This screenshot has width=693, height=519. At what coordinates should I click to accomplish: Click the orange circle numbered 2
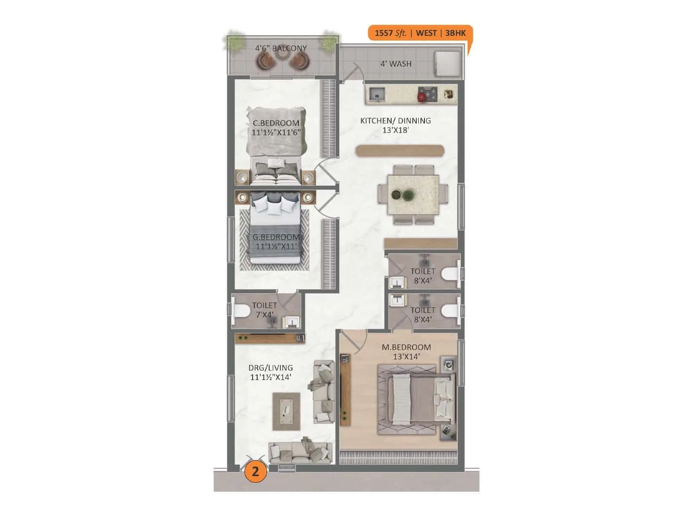[255, 471]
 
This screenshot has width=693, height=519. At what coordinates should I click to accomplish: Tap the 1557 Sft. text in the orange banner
[390, 33]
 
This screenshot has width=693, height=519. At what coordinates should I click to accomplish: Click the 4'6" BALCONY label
[281, 48]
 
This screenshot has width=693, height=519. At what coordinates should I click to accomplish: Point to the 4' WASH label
[396, 64]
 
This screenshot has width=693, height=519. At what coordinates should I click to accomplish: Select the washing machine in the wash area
[448, 64]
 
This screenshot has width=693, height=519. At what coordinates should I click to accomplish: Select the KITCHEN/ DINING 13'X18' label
[395, 125]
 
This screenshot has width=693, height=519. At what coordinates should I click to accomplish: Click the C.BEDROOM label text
[276, 123]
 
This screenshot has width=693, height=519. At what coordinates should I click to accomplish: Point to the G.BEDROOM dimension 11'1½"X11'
[276, 247]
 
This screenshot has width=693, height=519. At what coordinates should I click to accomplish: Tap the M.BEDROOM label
[406, 347]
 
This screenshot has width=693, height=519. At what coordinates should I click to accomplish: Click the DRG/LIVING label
[271, 368]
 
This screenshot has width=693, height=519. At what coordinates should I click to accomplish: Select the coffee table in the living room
[286, 411]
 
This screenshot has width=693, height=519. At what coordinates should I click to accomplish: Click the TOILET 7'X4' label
[264, 310]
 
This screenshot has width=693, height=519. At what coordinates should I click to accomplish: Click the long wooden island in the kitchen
[400, 151]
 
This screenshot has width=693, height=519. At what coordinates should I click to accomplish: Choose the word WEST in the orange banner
[426, 33]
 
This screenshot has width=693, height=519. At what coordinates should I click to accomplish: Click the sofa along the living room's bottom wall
[300, 452]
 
